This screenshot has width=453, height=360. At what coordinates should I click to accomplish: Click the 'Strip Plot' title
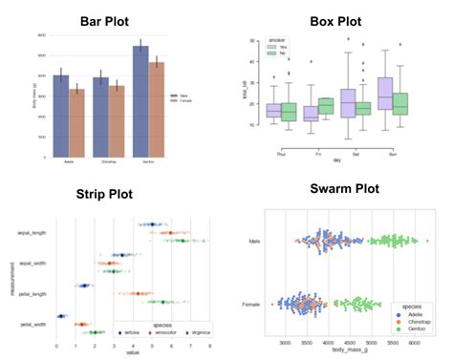click(x=107, y=195)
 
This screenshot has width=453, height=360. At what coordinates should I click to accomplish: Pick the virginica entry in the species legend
click(x=194, y=332)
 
